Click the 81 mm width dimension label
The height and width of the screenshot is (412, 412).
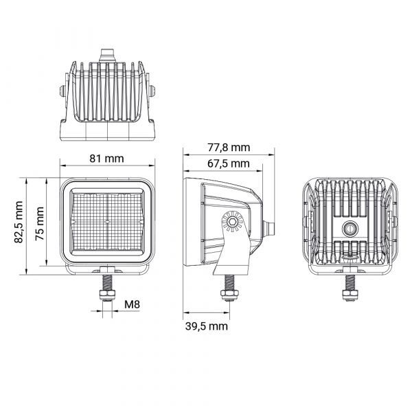106,159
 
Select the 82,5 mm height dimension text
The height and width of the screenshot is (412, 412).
19,222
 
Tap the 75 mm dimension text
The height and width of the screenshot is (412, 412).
40,224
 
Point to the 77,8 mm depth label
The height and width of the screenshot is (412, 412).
229,147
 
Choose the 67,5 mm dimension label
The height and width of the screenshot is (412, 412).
229,163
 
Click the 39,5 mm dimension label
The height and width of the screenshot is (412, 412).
206,326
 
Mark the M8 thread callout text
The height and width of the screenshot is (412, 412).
132,304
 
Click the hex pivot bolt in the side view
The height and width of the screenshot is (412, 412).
232,222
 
